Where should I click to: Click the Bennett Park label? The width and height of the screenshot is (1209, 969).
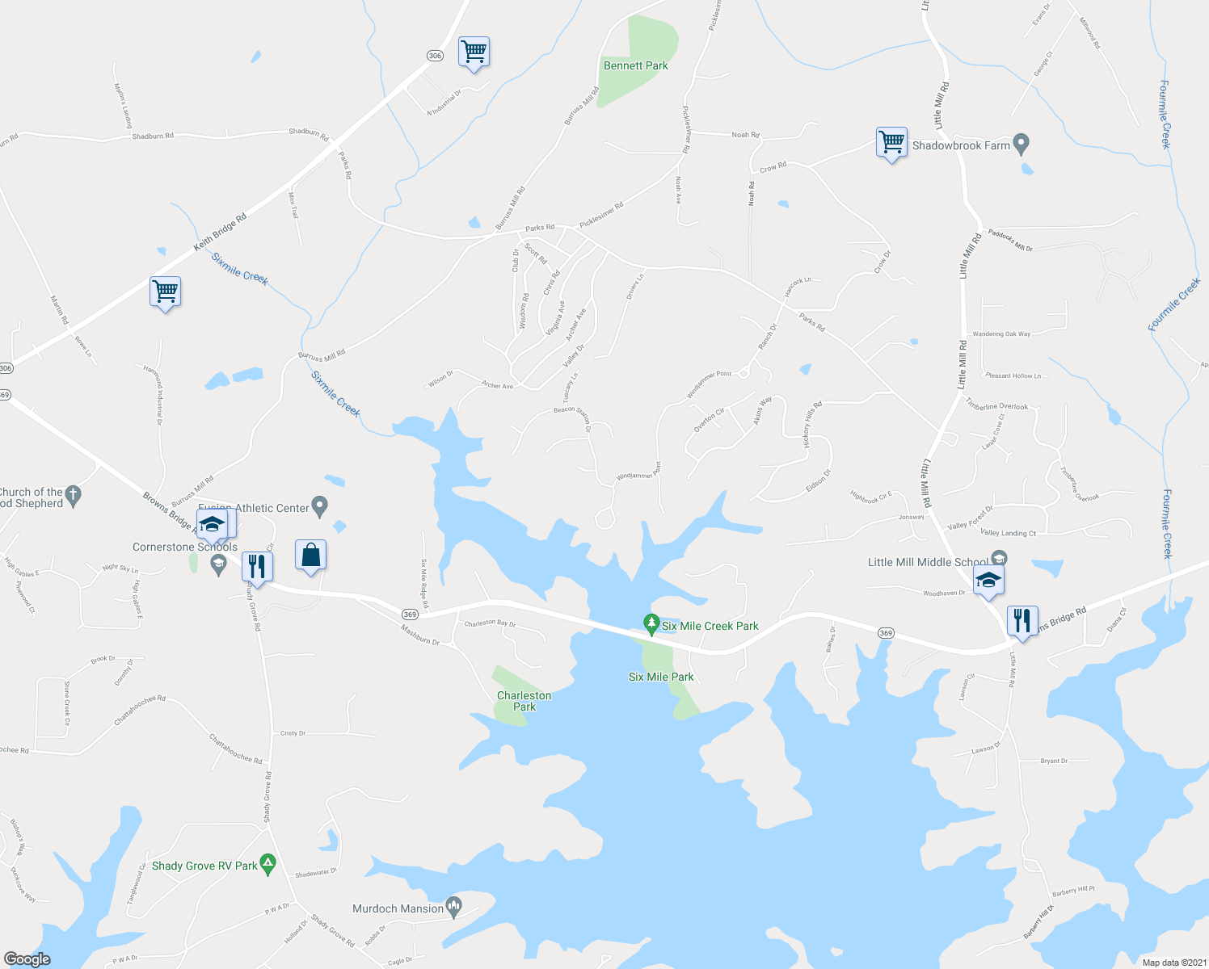point(635,65)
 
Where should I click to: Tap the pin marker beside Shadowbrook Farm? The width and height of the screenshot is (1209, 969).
point(1021,145)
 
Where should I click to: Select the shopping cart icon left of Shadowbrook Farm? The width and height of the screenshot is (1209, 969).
point(891,142)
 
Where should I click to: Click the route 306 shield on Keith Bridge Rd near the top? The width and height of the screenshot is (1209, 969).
point(435,55)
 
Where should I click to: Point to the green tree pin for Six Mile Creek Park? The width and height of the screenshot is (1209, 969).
point(651,623)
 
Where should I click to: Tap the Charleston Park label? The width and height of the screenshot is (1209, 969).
point(524,701)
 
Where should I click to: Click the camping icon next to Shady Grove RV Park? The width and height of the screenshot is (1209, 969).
point(267,864)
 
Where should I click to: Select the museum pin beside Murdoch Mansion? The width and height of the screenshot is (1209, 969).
point(453,907)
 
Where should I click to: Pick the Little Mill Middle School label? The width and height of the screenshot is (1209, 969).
point(927,562)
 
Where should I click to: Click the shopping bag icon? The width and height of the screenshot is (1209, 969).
point(310,556)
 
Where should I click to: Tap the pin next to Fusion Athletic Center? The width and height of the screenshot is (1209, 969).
point(319,506)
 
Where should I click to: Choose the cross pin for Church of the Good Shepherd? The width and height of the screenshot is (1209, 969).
point(74,495)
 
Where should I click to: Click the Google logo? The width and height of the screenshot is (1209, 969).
point(27,959)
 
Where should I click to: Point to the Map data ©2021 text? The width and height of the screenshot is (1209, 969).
point(1173,963)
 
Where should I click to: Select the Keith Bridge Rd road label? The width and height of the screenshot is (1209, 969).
point(220,232)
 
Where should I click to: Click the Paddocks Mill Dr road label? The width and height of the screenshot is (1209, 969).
point(1010,241)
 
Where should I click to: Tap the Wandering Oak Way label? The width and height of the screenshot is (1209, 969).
point(1001,333)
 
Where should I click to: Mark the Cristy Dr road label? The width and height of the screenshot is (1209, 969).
point(293,733)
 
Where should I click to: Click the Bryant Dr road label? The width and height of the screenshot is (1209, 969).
point(1054,761)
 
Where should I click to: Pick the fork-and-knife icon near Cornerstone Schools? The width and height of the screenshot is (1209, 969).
point(257,566)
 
